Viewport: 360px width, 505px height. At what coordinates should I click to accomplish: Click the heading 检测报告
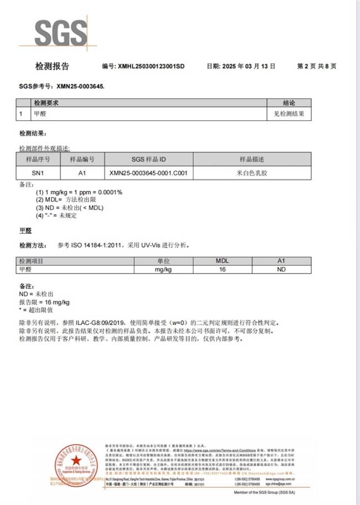(52, 66)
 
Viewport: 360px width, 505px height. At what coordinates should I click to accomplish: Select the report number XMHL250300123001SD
(151, 66)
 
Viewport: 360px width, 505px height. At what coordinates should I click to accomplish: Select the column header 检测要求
(47, 103)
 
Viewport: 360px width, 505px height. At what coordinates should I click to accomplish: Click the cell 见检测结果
(289, 114)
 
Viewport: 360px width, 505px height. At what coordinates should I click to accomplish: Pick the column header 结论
(289, 103)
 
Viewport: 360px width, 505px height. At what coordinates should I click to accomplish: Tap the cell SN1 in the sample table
(38, 173)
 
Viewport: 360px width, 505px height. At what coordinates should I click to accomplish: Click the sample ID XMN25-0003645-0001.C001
(148, 173)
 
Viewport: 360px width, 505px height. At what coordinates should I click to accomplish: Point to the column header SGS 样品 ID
(148, 159)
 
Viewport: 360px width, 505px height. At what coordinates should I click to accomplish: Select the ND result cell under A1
(281, 269)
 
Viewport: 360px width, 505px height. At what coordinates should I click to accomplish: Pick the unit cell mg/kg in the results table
(163, 269)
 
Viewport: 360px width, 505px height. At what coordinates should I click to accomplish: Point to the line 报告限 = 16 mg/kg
(44, 302)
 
